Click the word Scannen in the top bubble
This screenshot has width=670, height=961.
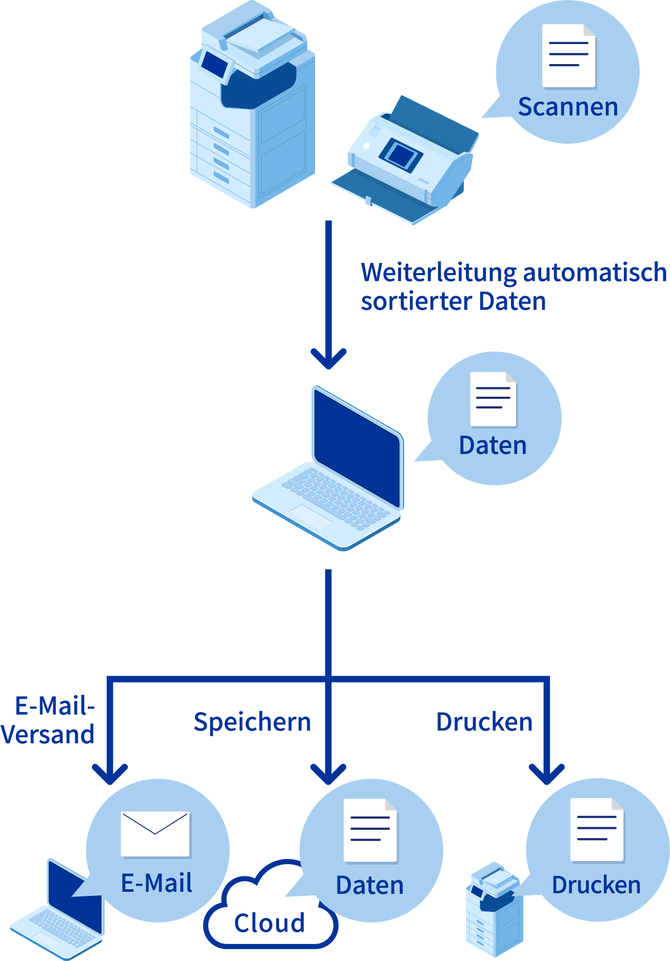(x=568, y=107)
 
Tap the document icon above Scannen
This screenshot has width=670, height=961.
(x=568, y=56)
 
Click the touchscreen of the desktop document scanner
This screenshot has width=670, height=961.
(x=401, y=153)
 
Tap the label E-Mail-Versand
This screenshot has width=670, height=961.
(x=49, y=720)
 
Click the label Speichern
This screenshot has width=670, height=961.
(x=252, y=722)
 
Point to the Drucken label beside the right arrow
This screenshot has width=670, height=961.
(x=484, y=722)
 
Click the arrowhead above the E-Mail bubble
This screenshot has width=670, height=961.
(x=110, y=773)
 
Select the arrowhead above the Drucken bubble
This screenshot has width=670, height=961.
(x=546, y=774)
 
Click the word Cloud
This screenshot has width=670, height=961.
(x=269, y=923)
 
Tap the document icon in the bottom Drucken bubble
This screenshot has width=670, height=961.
(x=597, y=830)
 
